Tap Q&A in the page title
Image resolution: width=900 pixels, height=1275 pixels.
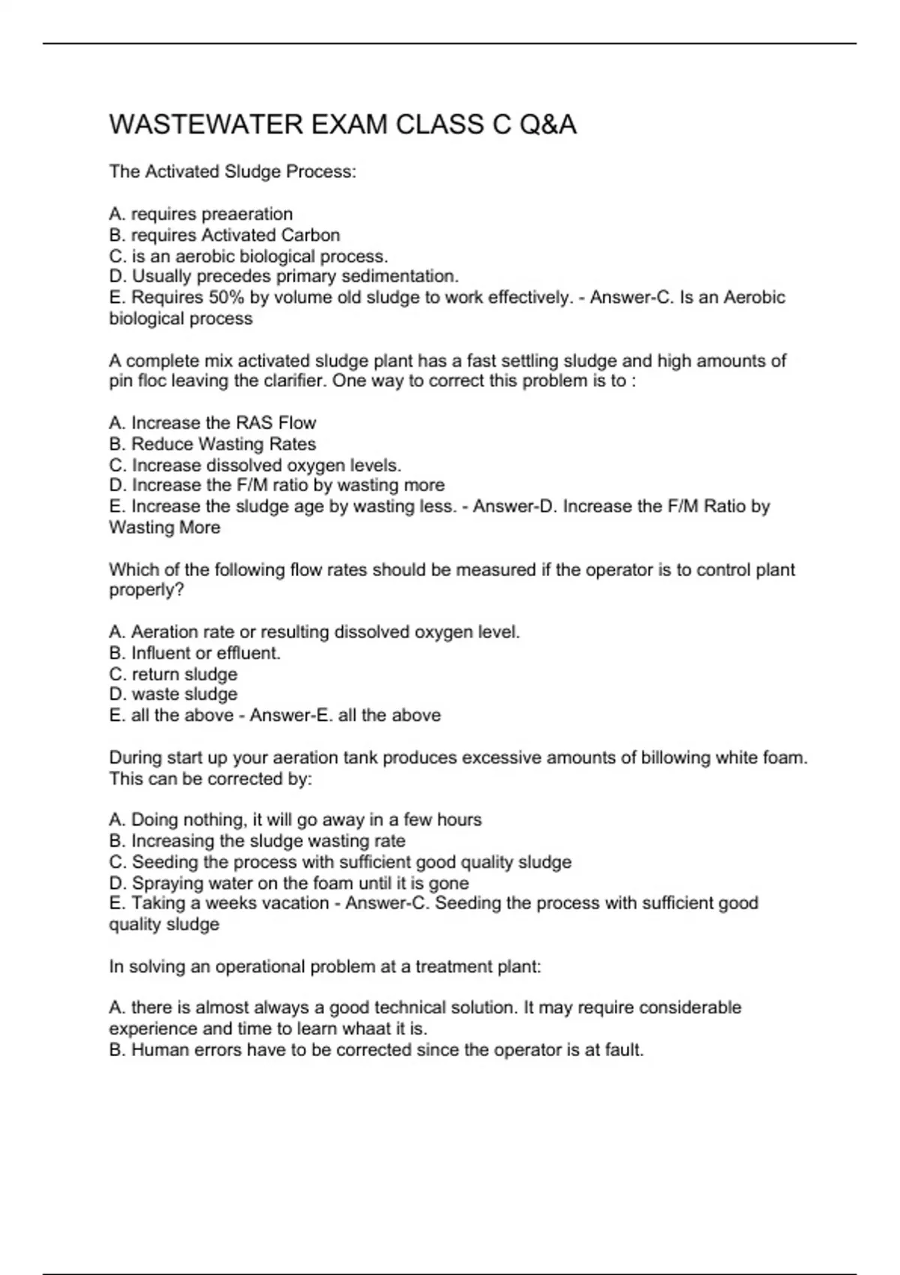[547, 124]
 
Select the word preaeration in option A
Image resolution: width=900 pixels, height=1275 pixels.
[247, 214]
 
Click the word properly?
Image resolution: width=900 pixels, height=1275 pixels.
[147, 590]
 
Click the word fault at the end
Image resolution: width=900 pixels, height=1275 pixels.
[623, 1050]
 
